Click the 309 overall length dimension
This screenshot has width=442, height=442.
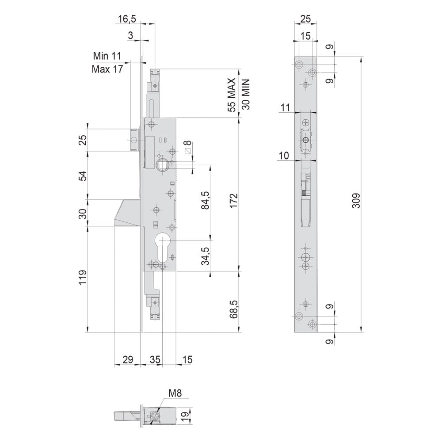point(357,200)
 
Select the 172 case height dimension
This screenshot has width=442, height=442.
point(234,201)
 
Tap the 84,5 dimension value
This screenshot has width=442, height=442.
point(205,200)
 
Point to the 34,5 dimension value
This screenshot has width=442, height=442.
point(205,256)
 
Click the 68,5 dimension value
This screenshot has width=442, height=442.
point(234,309)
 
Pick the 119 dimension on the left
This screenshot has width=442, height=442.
point(83,278)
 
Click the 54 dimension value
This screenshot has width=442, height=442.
point(83,175)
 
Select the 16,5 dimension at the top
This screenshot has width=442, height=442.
point(127,19)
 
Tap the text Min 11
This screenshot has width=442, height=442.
point(107,56)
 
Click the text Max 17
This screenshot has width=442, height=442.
point(107,69)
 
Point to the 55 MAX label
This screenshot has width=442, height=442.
point(232,95)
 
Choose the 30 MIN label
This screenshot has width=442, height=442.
point(246,95)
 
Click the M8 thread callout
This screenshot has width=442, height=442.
point(175,392)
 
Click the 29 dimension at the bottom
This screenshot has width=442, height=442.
point(128,360)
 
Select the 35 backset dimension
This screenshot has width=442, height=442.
point(155,360)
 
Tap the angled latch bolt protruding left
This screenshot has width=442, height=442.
point(127,213)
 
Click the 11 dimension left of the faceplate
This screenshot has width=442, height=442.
point(286,107)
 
